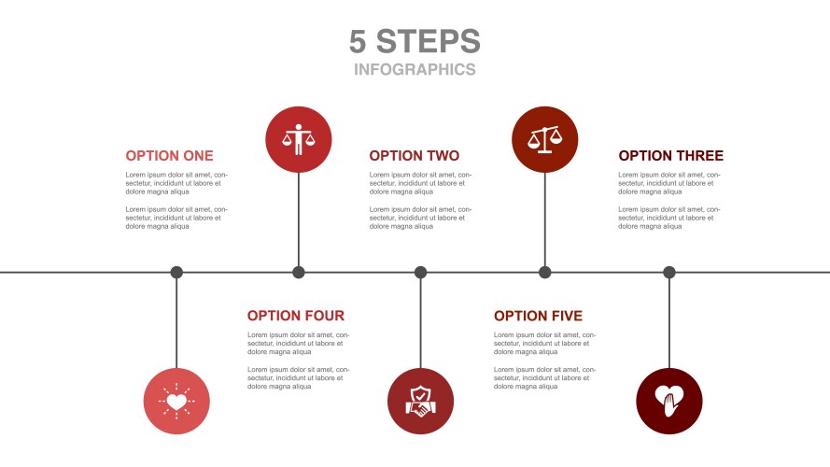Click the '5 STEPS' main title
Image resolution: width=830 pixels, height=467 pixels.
click(415, 41)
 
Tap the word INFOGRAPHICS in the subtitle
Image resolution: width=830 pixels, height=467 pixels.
click(415, 69)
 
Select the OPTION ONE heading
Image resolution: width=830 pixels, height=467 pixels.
click(169, 156)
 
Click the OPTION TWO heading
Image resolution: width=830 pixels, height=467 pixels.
click(415, 156)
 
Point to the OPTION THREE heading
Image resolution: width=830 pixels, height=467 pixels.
click(670, 156)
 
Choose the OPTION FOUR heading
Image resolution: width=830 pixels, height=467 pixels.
click(296, 316)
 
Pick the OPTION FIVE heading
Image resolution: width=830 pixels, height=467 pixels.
click(539, 316)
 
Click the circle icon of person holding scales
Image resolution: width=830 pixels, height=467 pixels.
click(299, 140)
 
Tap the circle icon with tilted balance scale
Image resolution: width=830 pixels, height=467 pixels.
click(544, 140)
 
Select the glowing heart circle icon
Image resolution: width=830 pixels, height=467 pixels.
click(176, 402)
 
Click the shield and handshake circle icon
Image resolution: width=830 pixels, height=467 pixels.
click(420, 402)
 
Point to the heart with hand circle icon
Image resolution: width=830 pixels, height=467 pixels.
click(669, 402)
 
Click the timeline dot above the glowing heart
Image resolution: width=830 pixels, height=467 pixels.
click(176, 273)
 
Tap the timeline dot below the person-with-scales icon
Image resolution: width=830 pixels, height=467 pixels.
click(299, 273)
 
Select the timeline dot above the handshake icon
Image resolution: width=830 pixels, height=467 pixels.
click(420, 273)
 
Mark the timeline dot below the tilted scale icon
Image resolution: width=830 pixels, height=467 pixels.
click(544, 273)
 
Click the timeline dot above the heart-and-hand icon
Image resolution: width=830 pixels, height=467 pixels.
click(669, 273)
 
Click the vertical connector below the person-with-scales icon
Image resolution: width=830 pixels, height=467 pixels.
click(299, 219)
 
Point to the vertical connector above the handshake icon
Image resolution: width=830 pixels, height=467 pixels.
click(420, 323)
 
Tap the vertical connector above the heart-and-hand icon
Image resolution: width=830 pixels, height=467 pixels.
click(669, 323)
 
